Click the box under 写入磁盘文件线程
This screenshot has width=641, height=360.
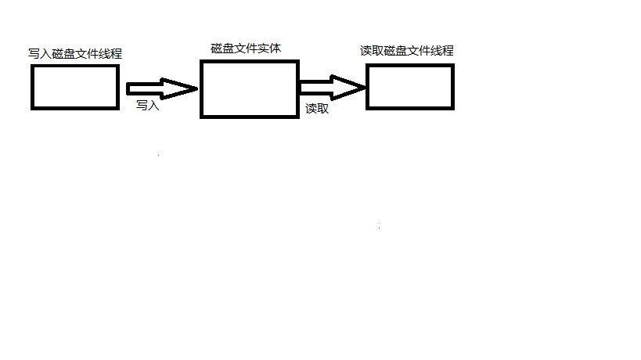[74, 86]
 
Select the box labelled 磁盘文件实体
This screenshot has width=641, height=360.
[249, 88]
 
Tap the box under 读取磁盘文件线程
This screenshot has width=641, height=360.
[409, 86]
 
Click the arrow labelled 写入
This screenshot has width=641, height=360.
[160, 89]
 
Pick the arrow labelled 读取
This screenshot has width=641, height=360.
[331, 88]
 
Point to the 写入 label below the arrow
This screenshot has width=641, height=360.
[147, 105]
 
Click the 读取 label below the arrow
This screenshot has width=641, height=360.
[316, 109]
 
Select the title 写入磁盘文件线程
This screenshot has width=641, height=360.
[75, 54]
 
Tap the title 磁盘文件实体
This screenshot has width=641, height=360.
[246, 49]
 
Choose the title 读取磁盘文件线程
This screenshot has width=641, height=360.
[406, 51]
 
